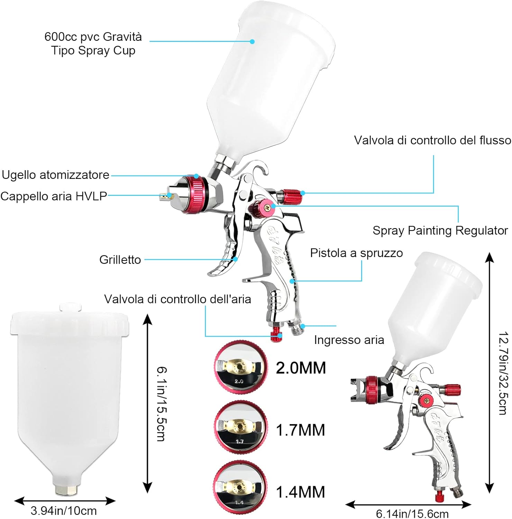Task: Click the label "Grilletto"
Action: click(120, 259)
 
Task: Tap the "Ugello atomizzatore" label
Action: click(55, 175)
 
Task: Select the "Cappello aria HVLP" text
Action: click(54, 196)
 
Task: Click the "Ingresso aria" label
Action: click(349, 340)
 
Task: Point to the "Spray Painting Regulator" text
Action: click(440, 230)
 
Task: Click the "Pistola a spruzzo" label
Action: click(356, 253)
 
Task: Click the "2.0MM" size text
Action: click(301, 368)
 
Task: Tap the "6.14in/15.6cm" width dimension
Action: click(412, 513)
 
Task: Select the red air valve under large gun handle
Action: click(276, 334)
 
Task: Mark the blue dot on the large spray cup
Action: click(252, 42)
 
